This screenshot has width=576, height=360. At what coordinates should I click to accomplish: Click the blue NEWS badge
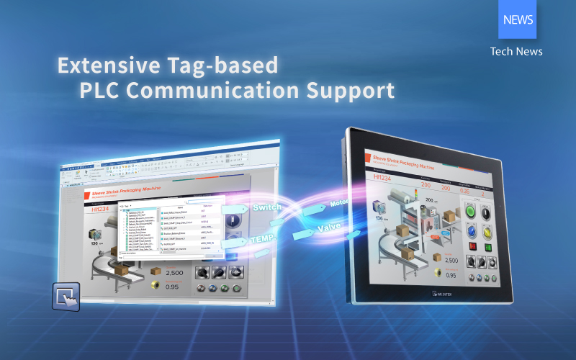click(517, 19)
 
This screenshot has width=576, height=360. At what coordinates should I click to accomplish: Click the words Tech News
click(516, 51)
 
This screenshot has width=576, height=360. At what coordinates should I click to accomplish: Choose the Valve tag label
click(328, 229)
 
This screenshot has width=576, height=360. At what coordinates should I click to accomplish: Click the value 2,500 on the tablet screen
click(451, 260)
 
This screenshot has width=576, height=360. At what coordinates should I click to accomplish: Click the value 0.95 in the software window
click(173, 286)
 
